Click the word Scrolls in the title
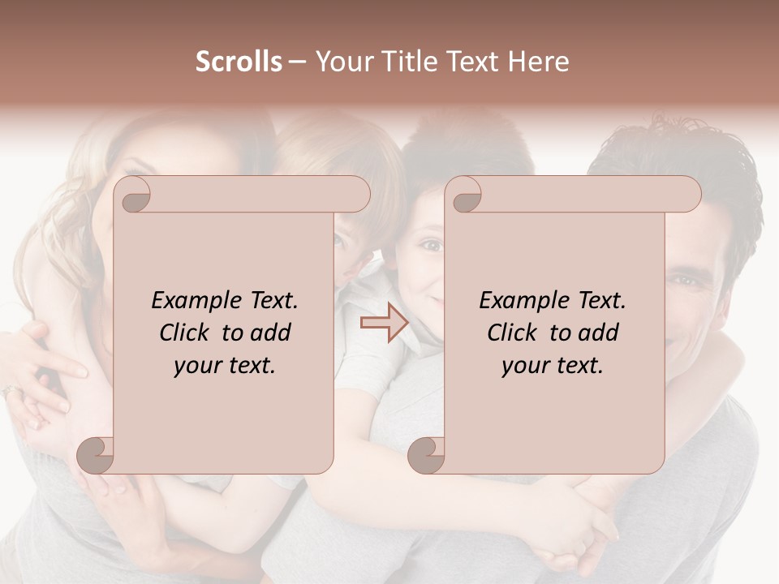(239, 62)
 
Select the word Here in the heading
(538, 62)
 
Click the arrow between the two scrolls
(384, 323)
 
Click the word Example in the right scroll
(522, 300)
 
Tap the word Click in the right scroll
(514, 333)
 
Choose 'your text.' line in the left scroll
(224, 365)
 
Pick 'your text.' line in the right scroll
(552, 365)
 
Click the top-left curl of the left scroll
(134, 195)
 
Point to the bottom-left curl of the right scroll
(426, 454)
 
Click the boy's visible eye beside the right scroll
(431, 244)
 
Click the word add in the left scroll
(272, 333)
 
